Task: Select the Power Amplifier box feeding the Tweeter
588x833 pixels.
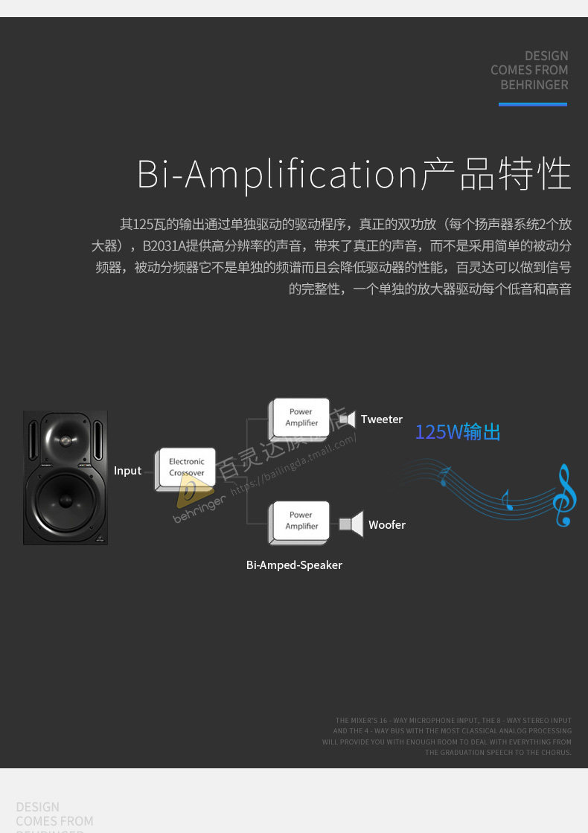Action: click(301, 417)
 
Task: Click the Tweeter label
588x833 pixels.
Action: click(382, 419)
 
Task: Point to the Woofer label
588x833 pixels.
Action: click(387, 525)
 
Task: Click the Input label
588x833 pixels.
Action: click(127, 471)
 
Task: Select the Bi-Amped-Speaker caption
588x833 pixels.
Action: click(294, 565)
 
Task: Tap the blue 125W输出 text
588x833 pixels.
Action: click(458, 432)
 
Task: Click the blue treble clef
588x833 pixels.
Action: click(564, 495)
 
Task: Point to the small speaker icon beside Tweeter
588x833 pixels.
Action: click(347, 419)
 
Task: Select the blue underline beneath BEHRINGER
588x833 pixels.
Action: click(532, 104)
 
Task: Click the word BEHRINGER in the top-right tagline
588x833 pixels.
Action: click(534, 85)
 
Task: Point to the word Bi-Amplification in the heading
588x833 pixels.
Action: click(277, 175)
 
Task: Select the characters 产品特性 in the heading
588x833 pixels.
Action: click(496, 175)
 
